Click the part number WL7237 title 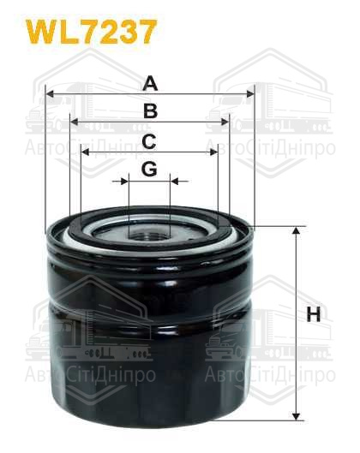[92, 32]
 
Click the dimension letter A [150, 83]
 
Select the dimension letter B [150, 111]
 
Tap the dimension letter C [149, 141]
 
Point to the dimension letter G [149, 169]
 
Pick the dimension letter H [314, 314]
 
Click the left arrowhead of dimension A [51, 94]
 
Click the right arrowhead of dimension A [250, 94]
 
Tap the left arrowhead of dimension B [75, 122]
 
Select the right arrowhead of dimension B [225, 122]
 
